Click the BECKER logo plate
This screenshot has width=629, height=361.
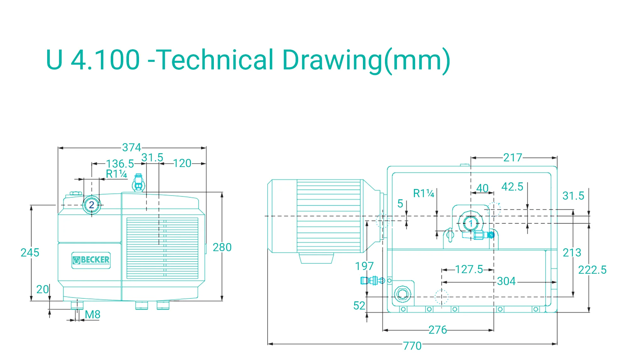pos(91,260)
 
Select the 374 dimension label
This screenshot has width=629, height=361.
pos(131,147)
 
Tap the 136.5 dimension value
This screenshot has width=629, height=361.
pos(120,164)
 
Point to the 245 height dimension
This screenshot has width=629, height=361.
pos(30,252)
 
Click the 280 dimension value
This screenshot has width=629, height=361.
pos(222,247)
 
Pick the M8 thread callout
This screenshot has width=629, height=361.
pos(92,314)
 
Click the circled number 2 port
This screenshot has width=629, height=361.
pos(92,205)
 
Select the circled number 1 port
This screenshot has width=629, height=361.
pos(471,224)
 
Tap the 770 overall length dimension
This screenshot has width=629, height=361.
pos(412,346)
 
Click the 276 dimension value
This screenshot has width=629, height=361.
pos(437,330)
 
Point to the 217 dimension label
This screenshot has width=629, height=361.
pos(513,157)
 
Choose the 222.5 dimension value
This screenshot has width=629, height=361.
pos(592,270)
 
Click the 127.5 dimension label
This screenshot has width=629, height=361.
pos(469,269)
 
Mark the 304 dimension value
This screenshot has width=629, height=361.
pos(506,281)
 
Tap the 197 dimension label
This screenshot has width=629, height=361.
pos(364,266)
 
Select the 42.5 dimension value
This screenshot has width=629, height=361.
pos(512,187)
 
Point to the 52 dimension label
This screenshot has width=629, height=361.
pos(359,305)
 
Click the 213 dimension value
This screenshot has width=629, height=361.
pos(572,252)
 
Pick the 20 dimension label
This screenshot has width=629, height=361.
pos(42,289)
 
